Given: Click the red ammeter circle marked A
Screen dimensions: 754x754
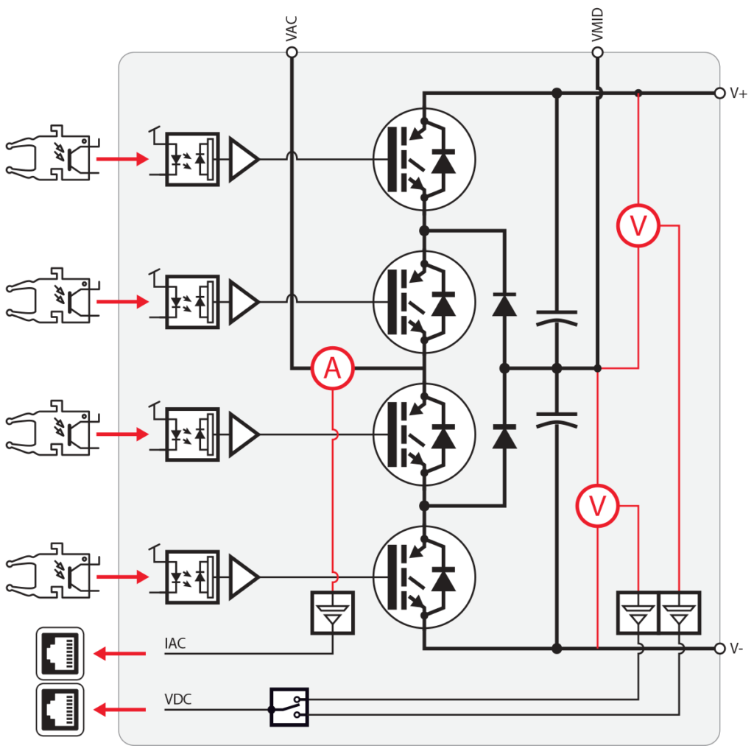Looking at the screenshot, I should (333, 368).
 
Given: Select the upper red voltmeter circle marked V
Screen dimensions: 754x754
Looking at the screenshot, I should (638, 226).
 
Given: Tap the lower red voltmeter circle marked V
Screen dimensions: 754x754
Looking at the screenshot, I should (597, 506).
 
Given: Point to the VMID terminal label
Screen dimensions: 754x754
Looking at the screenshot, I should (598, 24).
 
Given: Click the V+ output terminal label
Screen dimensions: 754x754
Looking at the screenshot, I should (739, 94).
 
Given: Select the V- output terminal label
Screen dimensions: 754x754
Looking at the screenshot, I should (737, 649).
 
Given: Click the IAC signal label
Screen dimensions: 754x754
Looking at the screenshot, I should (175, 644).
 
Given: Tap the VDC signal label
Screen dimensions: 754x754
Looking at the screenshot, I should (177, 700).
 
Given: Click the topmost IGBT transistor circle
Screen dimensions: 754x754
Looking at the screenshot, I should (423, 158).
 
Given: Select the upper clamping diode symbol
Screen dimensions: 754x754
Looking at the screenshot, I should (504, 303).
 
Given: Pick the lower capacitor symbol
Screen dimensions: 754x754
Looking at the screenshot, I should (557, 420).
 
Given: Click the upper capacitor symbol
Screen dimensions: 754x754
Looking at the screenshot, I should (557, 318).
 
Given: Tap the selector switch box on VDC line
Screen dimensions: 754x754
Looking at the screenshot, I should (289, 708).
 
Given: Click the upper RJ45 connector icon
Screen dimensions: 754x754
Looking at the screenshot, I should (60, 652).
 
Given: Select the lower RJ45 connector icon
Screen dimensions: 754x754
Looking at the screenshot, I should (60, 709).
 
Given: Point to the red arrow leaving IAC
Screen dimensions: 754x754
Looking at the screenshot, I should (121, 652).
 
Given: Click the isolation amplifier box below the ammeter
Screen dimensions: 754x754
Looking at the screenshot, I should (333, 613).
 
